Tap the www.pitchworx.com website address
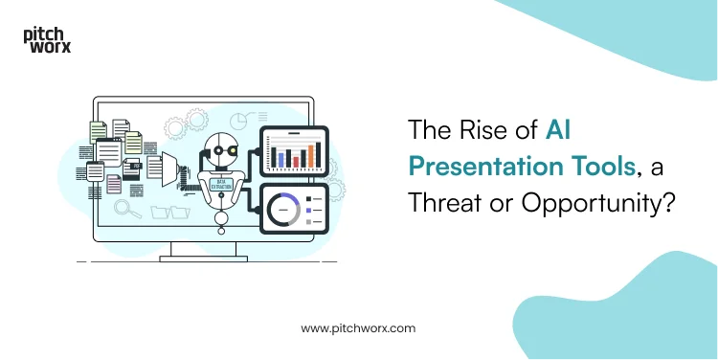358,327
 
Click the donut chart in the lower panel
284,209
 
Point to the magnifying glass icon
122,207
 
